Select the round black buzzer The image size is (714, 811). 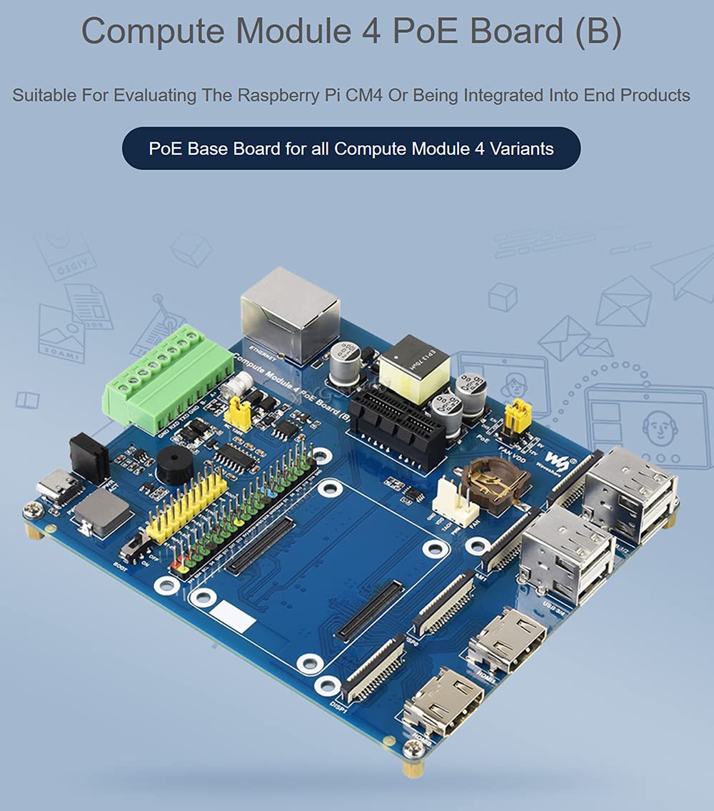[174, 466]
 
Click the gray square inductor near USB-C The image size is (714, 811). [103, 512]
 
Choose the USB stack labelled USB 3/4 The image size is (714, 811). [568, 553]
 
